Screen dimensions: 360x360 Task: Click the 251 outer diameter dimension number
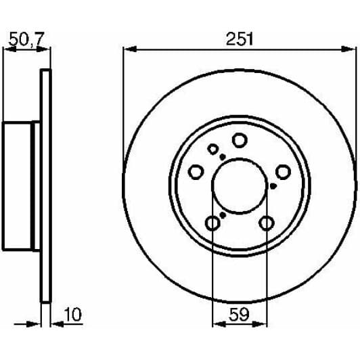point(240,39)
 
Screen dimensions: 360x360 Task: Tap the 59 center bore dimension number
point(239,315)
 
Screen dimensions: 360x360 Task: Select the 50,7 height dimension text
point(26,39)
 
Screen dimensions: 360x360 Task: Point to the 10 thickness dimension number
point(73,314)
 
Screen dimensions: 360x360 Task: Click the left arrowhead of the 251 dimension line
point(130,49)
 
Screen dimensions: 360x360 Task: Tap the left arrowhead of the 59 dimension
point(219,324)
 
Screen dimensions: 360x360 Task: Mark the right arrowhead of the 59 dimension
point(260,324)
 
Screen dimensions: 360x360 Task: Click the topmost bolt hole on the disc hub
point(240,140)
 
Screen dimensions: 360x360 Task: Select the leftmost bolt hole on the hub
point(196,172)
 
